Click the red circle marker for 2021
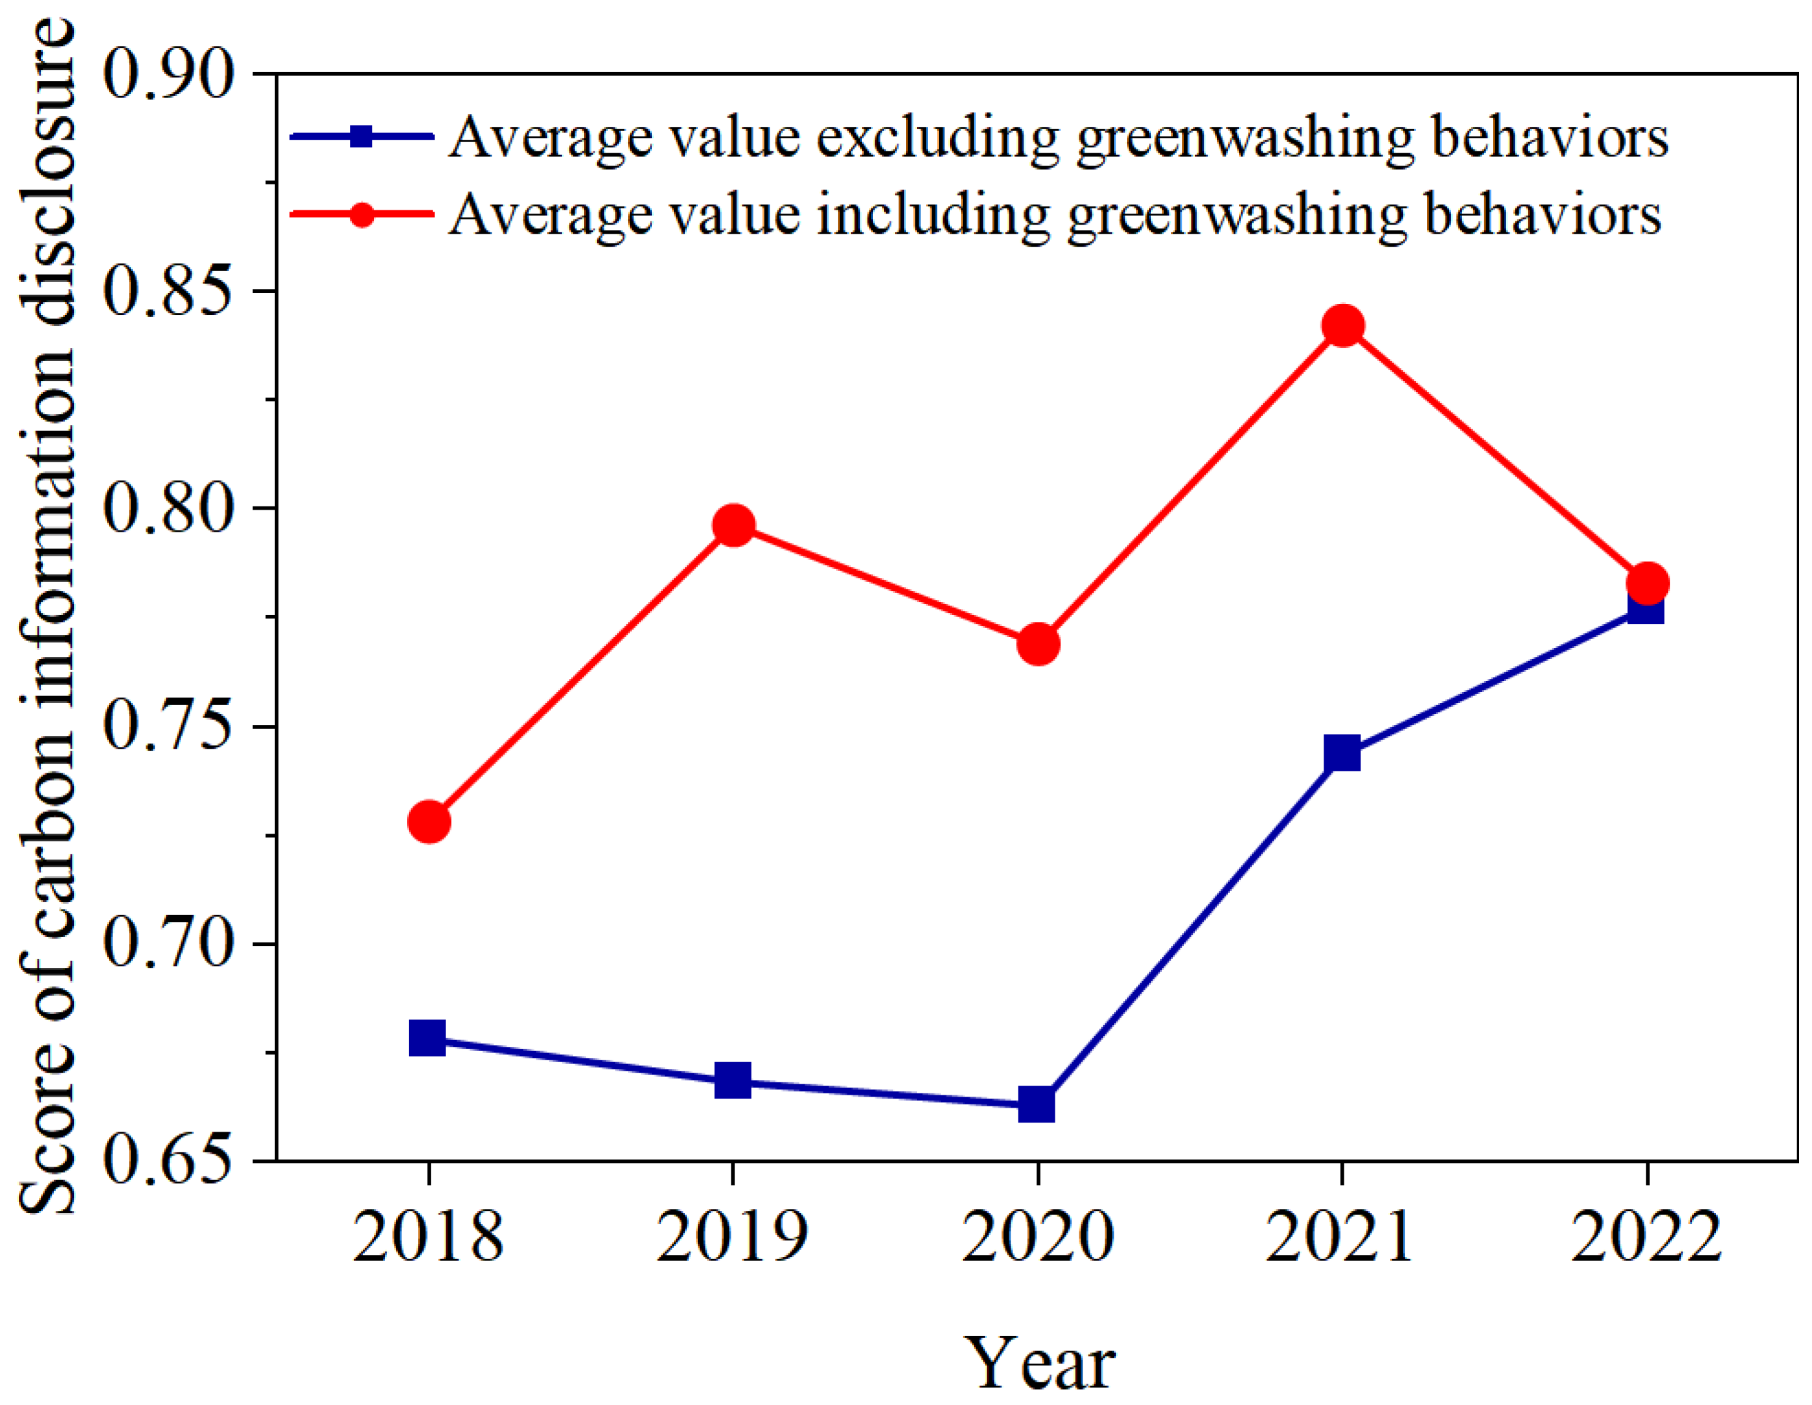pyautogui.click(x=1342, y=326)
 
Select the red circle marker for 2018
pyautogui.click(x=429, y=822)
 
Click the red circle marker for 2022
pyautogui.click(x=1647, y=584)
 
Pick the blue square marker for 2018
pyautogui.click(x=428, y=1038)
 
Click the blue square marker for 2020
pyautogui.click(x=1037, y=1106)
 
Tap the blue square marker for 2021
pyautogui.click(x=1342, y=753)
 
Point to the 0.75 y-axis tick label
pyautogui.click(x=166, y=727)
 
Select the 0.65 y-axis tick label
pyautogui.click(x=166, y=1161)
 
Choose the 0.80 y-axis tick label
pyautogui.click(x=166, y=508)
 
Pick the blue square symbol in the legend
pyautogui.click(x=362, y=136)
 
